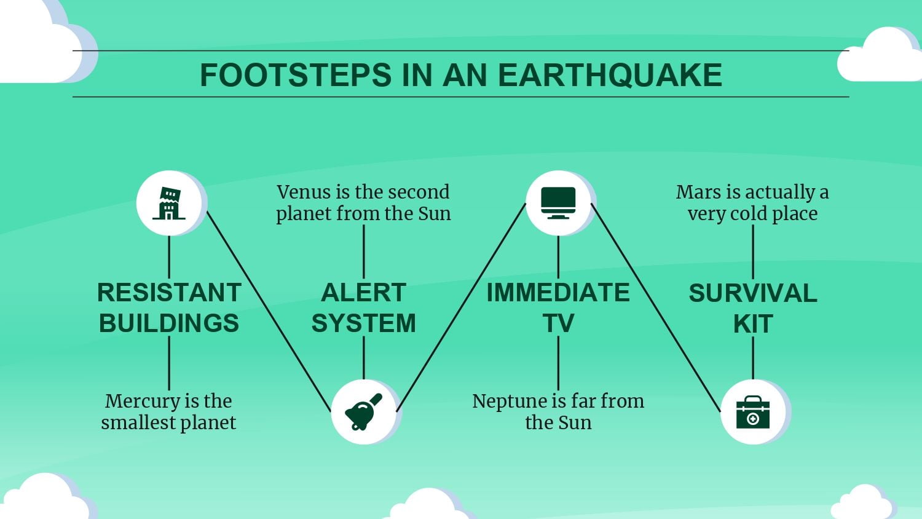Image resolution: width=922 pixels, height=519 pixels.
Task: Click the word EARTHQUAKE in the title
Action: coord(610,76)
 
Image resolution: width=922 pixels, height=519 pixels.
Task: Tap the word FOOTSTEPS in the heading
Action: coord(296,75)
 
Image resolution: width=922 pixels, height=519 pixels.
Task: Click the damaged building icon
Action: coord(169,203)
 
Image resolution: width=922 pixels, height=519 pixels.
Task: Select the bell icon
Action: coord(364,412)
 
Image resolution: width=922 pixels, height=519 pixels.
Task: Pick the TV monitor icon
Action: coord(558,203)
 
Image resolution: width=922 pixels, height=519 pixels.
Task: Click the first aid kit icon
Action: coord(753,413)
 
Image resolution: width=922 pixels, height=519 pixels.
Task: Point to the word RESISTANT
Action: coord(169,293)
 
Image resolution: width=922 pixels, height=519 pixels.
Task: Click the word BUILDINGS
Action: coord(169,323)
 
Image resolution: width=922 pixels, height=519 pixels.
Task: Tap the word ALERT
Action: coord(363,293)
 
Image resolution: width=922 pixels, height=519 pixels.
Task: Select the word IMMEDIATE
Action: coord(558,293)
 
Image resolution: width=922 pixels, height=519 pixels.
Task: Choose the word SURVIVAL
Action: coord(753,293)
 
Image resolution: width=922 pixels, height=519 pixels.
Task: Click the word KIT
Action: coord(753,323)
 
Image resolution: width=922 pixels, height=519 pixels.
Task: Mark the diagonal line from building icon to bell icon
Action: coord(269,312)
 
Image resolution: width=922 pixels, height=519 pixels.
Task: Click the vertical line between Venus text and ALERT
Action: coord(363,252)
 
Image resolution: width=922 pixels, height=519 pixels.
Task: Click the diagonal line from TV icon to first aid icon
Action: coord(656,307)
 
